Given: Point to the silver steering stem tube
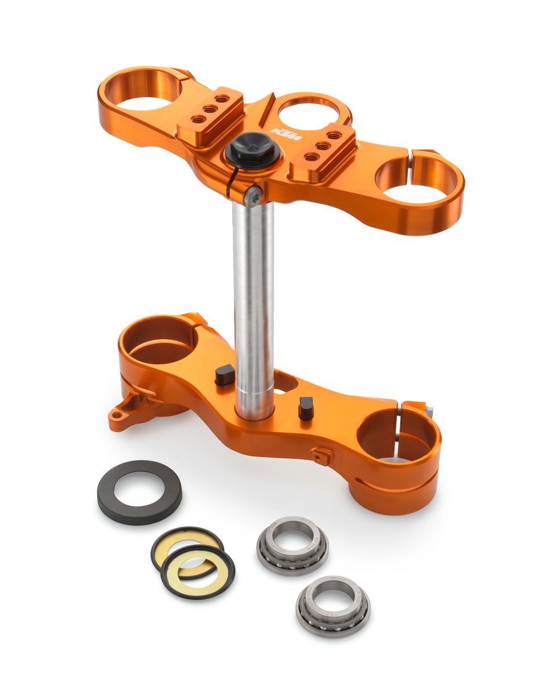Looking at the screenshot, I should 254,302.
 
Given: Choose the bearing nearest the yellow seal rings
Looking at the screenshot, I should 292,544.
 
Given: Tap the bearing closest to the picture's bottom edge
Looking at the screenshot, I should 333,605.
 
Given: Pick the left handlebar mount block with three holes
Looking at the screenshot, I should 210,113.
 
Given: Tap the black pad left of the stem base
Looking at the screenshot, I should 225,375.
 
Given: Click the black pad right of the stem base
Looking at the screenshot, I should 306,408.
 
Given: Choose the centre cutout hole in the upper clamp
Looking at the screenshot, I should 308,112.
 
